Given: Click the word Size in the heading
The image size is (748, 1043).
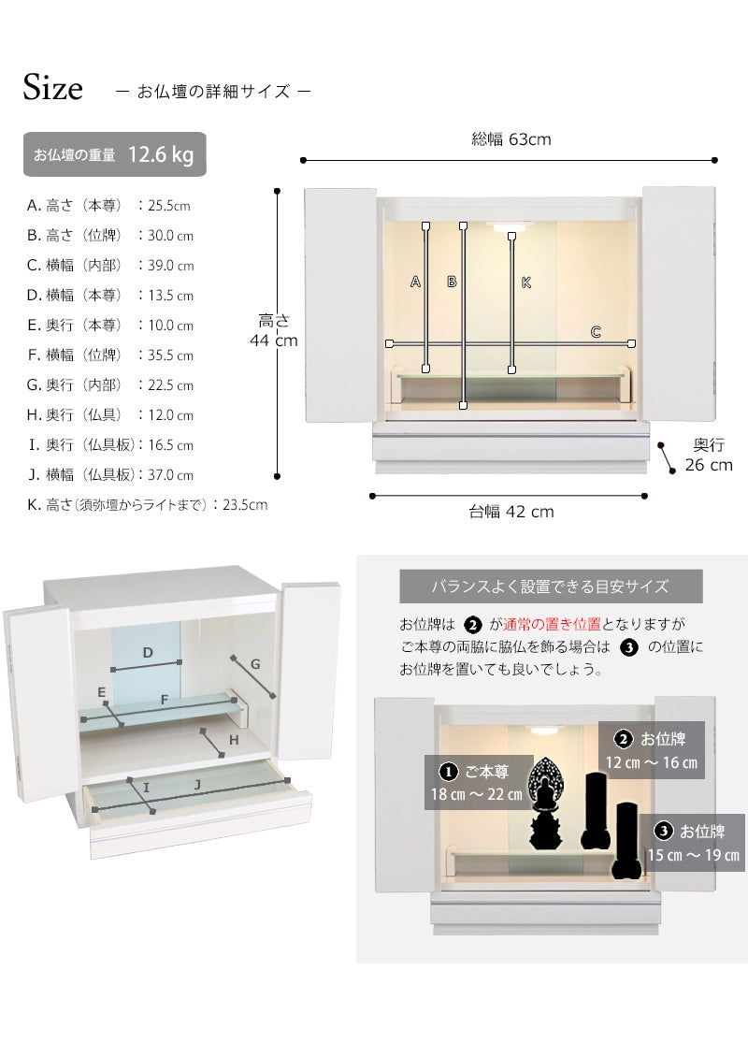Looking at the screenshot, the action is [53, 87].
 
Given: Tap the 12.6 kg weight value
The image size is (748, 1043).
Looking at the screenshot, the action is [161, 154].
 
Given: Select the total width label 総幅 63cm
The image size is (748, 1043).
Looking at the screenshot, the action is [511, 139].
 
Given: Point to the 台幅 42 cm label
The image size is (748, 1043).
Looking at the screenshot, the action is [511, 511].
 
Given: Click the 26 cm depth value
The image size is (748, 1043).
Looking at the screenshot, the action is [709, 465].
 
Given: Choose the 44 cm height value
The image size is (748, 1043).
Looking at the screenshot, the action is [273, 340].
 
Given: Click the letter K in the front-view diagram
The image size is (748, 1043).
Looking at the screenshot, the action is [525, 282].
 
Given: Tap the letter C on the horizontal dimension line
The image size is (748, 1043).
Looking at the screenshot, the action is [596, 332].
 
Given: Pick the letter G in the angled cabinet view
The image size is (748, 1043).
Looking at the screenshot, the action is [255, 664].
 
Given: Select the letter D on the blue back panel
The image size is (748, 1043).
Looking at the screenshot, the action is [148, 653].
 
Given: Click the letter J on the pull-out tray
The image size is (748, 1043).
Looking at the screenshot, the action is [197, 785].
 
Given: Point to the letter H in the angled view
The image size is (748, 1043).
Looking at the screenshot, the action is [234, 740].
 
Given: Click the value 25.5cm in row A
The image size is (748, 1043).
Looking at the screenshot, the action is [169, 206].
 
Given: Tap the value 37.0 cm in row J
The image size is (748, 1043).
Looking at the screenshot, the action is [170, 475].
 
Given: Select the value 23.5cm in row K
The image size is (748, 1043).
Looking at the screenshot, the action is [245, 505].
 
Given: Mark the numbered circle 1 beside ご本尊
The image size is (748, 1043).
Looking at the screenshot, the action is [449, 772].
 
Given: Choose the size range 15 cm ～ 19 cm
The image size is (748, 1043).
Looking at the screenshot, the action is [694, 855].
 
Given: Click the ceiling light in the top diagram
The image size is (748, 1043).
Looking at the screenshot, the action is [511, 226].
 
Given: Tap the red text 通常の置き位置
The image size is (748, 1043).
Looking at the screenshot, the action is [552, 624].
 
